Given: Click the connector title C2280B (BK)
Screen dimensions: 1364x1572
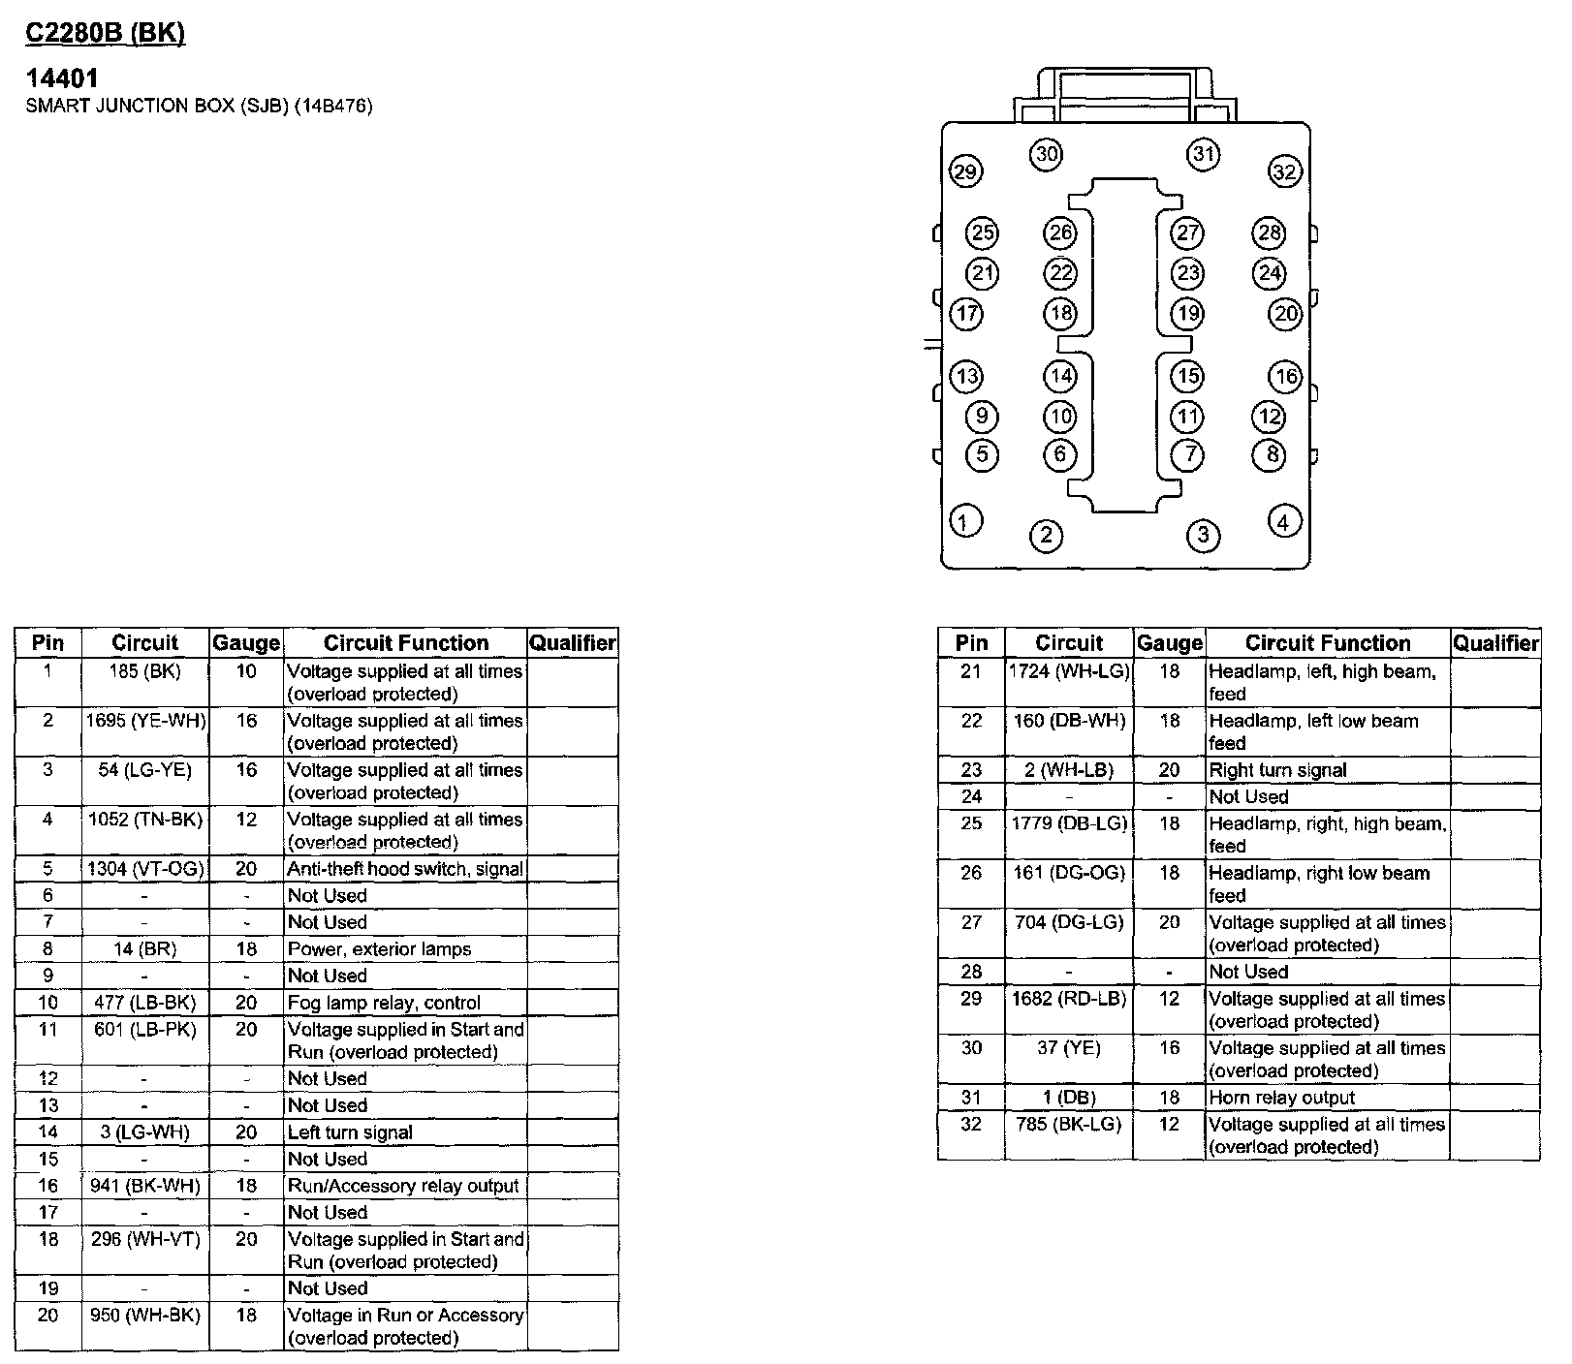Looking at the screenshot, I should tap(105, 33).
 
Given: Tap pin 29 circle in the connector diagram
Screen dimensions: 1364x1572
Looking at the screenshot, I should tap(964, 172).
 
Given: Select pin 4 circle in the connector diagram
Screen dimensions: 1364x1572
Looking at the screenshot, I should tap(1284, 522).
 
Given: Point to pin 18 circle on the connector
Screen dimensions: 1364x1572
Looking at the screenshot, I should tap(1060, 313).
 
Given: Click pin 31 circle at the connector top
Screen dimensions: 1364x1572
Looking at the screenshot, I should tap(1203, 154).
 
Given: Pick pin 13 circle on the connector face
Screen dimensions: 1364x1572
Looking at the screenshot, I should tap(966, 376).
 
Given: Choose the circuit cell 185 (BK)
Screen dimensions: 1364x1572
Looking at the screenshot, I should tap(145, 671).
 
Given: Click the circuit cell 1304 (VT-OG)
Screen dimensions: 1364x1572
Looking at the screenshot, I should tap(145, 869).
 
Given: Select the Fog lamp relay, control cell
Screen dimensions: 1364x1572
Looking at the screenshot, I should tap(384, 1003).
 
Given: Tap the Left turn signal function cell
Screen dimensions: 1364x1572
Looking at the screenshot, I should tap(350, 1132).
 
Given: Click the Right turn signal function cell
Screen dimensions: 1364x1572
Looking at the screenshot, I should tap(1277, 771).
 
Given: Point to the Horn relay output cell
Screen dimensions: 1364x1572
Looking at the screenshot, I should tap(1281, 1098).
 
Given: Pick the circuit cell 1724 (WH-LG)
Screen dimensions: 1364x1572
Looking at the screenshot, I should tap(1069, 671).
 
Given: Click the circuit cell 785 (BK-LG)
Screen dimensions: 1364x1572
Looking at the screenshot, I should tap(1069, 1125).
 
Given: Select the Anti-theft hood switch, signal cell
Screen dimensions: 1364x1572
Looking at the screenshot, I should tap(405, 869).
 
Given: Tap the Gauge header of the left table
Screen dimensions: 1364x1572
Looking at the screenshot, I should tap(246, 643).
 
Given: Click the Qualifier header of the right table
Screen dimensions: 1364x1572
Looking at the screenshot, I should tap(1495, 643).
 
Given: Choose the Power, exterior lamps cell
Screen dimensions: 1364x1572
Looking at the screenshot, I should tap(379, 949).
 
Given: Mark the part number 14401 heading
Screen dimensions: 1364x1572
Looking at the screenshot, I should tap(62, 78).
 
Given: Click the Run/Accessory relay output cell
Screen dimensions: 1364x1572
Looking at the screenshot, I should tap(403, 1186).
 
